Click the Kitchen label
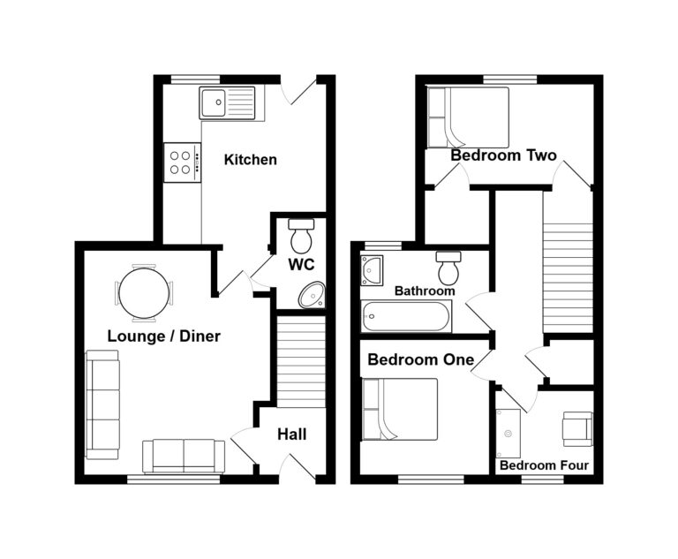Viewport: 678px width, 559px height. coord(250,160)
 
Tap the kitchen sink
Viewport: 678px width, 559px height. coord(227,103)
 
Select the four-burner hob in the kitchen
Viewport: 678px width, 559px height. coord(182,162)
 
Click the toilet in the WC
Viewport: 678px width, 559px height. coord(301,235)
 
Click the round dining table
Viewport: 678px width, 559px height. coord(144,292)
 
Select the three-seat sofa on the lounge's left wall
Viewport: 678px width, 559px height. coord(102,404)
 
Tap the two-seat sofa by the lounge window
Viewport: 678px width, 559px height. coord(184,455)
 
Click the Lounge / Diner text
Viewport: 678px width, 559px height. coord(163,336)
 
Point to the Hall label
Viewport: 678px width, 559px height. coord(291,434)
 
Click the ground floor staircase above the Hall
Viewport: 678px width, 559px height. coord(301,362)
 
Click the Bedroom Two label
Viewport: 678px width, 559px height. coord(503,155)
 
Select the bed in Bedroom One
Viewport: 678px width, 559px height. coord(400,408)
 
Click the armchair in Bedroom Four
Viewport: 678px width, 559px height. coord(576,427)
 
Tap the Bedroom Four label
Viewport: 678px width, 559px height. coord(544,465)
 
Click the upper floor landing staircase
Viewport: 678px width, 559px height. coord(567,265)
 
